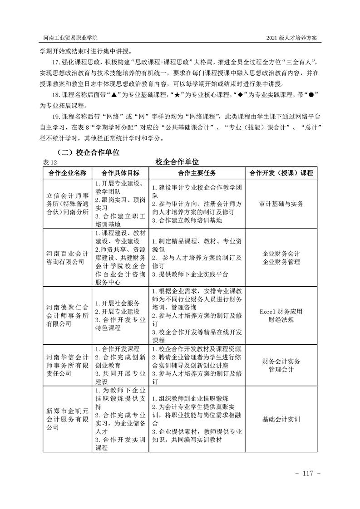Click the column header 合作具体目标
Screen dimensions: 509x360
pyautogui.click(x=120, y=173)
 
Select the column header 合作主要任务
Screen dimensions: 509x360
pyautogui.click(x=197, y=173)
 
